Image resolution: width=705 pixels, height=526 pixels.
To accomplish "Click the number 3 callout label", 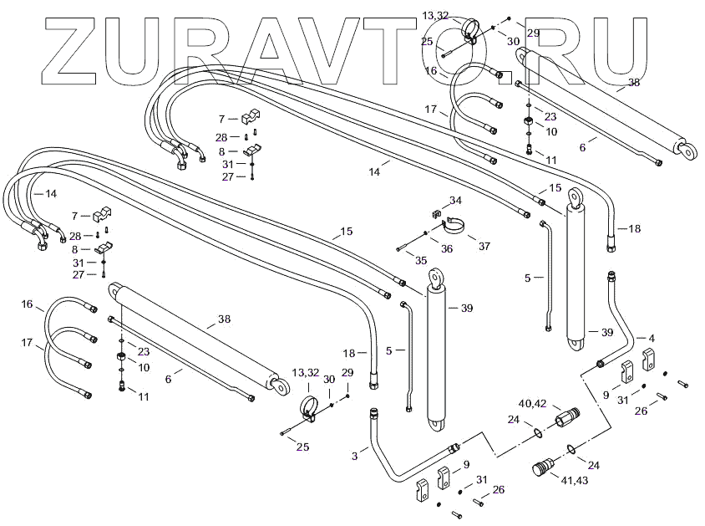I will point(354,456).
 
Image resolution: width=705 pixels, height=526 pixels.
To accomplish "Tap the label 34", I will point(455,201).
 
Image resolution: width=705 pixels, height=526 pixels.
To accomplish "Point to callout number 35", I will point(421,261).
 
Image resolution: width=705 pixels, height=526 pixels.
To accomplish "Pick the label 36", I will point(447,248).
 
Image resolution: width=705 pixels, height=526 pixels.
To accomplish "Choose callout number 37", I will point(484,245).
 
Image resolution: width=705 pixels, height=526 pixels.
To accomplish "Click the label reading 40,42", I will point(532,404).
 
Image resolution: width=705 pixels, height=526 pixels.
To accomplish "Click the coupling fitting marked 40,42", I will point(573,415).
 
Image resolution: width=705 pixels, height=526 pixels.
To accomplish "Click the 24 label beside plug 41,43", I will point(594,466).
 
